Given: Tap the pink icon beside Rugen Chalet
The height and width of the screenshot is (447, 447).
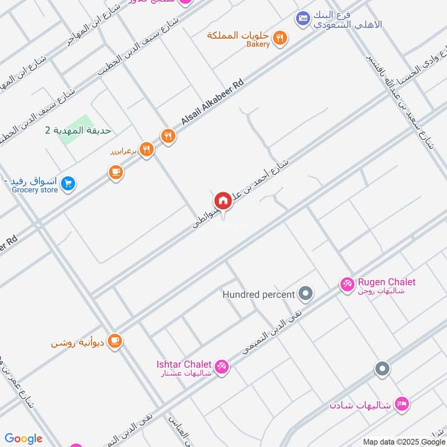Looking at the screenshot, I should click(x=346, y=285).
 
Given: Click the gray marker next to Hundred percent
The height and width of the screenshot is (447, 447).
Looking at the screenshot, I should click(x=305, y=293).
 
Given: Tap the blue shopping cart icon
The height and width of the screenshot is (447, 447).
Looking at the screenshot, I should click(x=68, y=183).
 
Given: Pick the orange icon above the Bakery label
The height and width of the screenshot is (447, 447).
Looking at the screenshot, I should click(x=282, y=36).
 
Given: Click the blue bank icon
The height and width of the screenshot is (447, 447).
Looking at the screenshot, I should click(x=302, y=18).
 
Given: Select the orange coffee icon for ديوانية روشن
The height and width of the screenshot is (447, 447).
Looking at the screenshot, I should click(x=115, y=340).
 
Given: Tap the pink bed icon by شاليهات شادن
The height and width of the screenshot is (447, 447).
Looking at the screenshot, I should click(x=401, y=403).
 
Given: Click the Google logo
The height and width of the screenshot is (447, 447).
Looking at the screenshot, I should click(x=23, y=439).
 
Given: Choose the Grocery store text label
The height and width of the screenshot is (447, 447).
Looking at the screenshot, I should click(x=35, y=190).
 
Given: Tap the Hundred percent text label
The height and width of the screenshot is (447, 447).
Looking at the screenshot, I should click(x=259, y=294).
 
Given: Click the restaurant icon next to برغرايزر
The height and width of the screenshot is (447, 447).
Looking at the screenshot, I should click(x=146, y=149).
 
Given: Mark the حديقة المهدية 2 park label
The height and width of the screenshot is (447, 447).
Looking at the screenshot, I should click(x=78, y=130).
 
